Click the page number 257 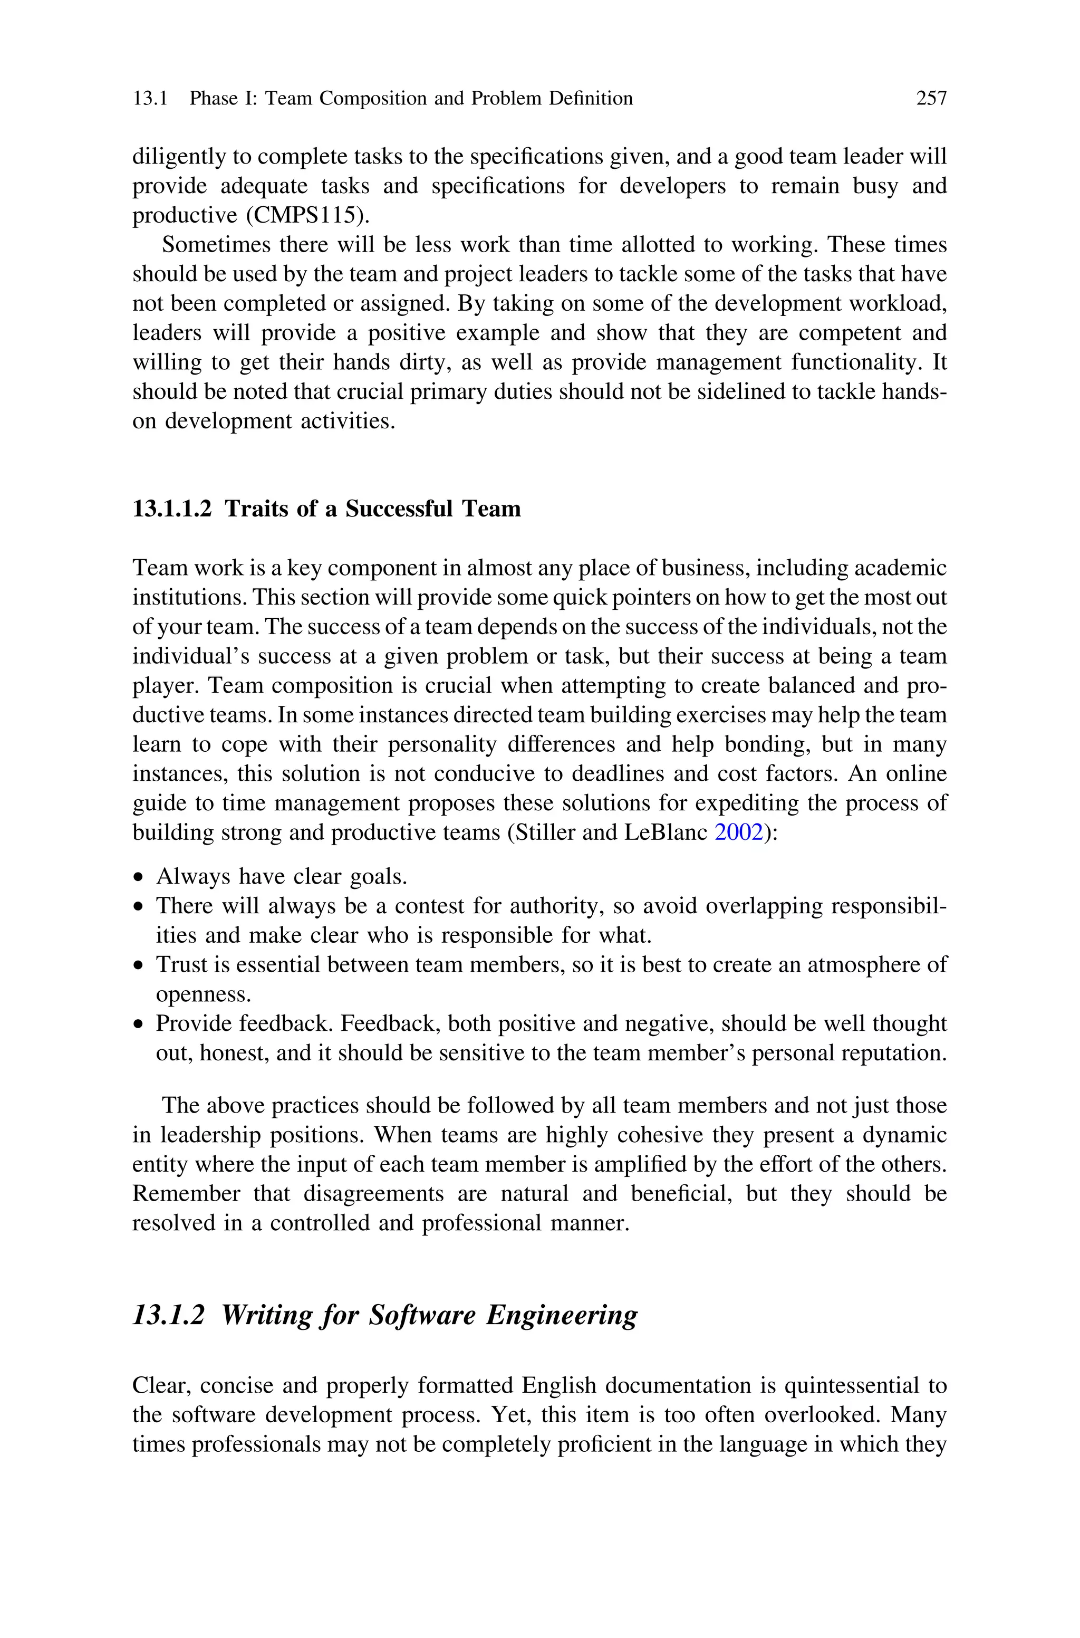click(931, 99)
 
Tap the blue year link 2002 click(739, 833)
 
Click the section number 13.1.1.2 click(172, 509)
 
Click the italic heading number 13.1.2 click(169, 1315)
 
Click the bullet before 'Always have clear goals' click(140, 878)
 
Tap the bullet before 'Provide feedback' click(140, 1025)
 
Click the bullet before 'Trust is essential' click(140, 966)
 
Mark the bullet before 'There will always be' click(140, 907)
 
